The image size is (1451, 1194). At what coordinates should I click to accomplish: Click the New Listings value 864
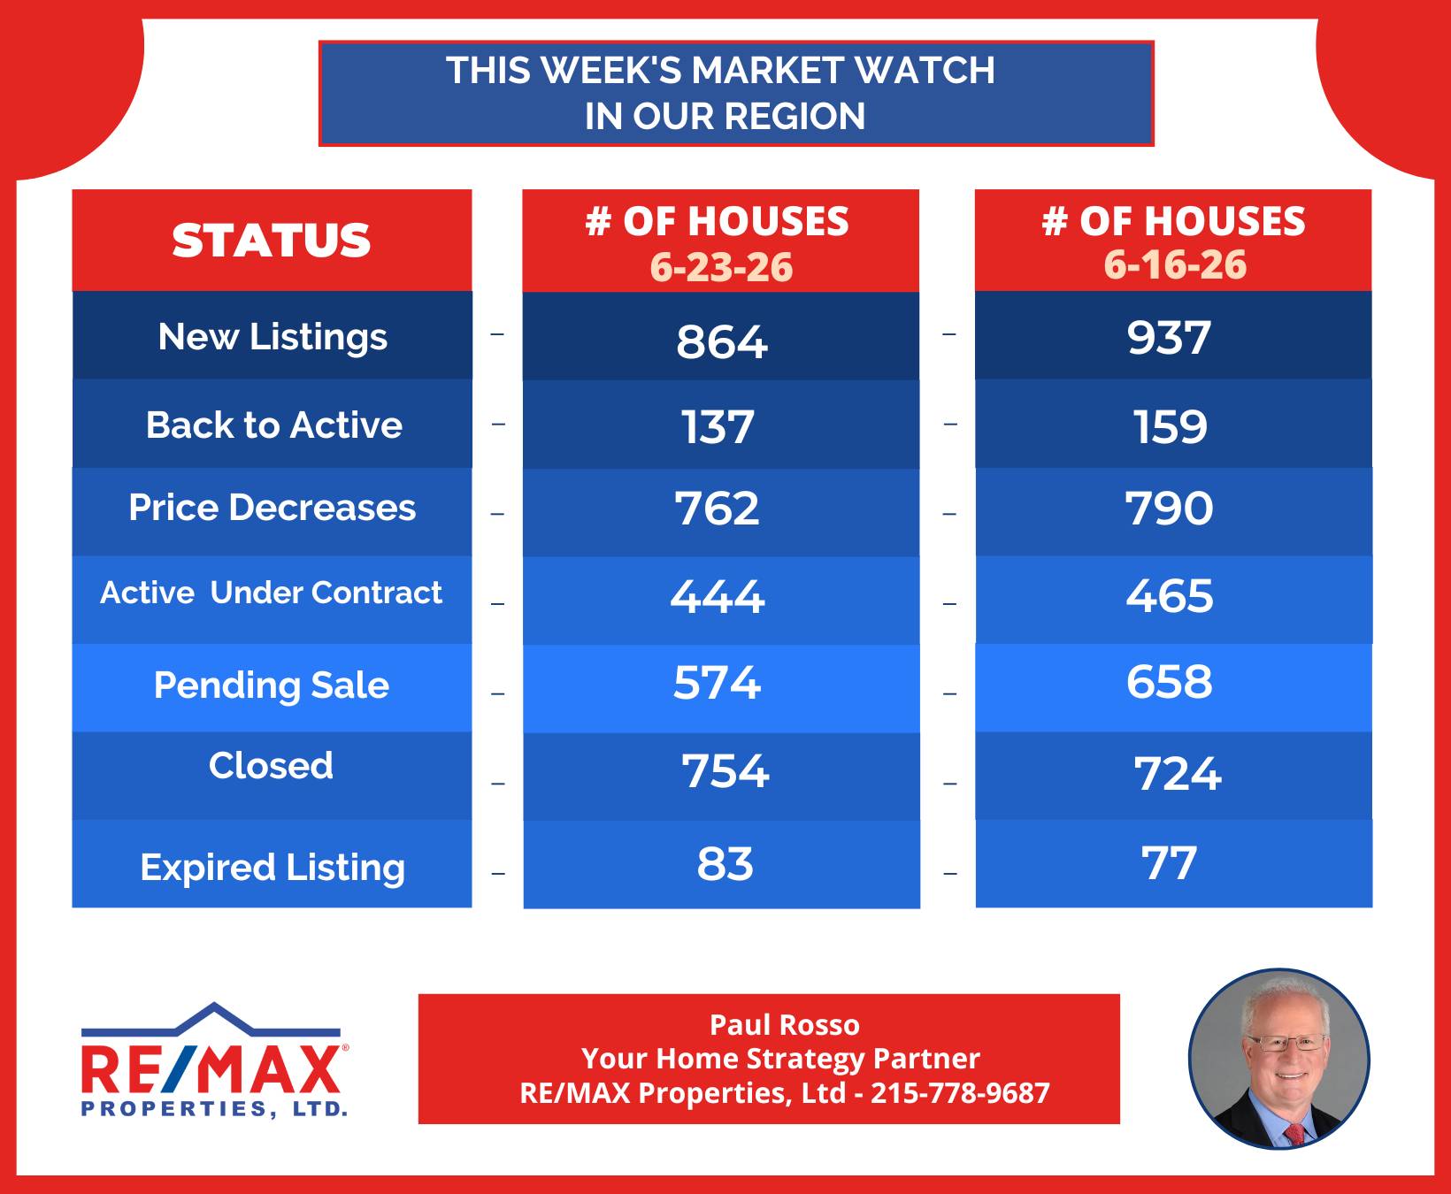(x=721, y=342)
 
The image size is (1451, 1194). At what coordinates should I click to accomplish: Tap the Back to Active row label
(x=273, y=425)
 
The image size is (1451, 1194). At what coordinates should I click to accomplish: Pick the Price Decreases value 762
(x=717, y=509)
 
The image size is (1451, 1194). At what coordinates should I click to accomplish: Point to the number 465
(x=1170, y=595)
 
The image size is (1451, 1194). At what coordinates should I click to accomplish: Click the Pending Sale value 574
(x=717, y=683)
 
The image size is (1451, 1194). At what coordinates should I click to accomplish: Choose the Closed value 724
(x=1178, y=774)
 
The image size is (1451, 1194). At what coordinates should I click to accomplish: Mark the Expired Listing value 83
(x=725, y=864)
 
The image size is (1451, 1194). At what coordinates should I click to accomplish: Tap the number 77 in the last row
(x=1169, y=863)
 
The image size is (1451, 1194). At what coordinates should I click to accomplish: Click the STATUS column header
(x=272, y=241)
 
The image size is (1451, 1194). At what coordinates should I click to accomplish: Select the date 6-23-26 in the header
(x=721, y=267)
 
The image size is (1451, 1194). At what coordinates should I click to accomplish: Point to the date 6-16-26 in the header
(x=1175, y=264)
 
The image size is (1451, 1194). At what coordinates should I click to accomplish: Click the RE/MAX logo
(x=214, y=1060)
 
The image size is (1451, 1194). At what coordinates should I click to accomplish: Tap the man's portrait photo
(x=1278, y=1059)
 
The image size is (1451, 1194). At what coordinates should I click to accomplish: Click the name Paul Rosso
(x=784, y=1025)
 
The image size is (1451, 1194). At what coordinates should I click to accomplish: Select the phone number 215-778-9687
(x=960, y=1093)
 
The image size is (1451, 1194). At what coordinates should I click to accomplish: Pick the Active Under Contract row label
(x=271, y=593)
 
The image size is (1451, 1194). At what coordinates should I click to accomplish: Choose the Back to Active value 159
(x=1170, y=427)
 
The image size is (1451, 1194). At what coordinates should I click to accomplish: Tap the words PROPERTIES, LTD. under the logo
(x=214, y=1109)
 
